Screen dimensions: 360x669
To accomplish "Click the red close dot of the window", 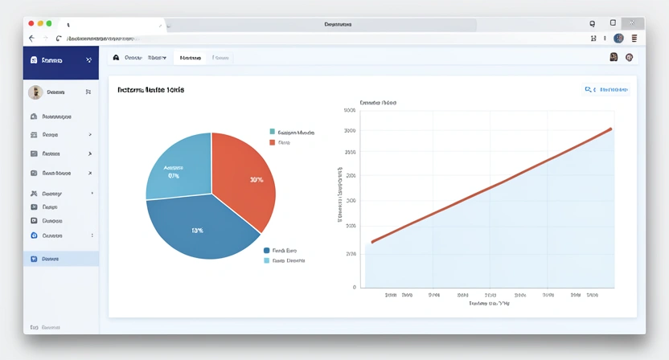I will [x=31, y=24].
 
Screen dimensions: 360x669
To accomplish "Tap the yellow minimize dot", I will [x=40, y=24].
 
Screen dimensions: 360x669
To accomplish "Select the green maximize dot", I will [x=49, y=24].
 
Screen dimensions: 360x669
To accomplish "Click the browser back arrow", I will [x=31, y=38].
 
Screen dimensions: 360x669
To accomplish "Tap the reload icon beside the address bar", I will [x=58, y=38].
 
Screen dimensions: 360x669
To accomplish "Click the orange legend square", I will [x=273, y=142].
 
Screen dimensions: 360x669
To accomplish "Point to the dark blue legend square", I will [x=267, y=251].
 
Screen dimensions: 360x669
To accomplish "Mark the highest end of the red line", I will [x=611, y=129].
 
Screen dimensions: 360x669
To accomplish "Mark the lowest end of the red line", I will [x=371, y=242].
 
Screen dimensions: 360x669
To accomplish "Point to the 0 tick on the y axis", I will [x=354, y=287].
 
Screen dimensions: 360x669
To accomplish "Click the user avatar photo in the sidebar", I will [x=35, y=92].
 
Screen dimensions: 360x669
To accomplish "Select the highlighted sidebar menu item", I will [x=60, y=259].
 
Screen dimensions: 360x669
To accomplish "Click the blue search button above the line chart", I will [x=606, y=90].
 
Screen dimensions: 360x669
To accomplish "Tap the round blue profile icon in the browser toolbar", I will [x=618, y=38].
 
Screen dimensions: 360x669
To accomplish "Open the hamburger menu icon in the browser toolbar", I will [x=634, y=38].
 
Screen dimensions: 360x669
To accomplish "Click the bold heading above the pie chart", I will [x=150, y=90].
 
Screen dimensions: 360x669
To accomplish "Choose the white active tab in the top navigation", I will [x=190, y=58].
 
